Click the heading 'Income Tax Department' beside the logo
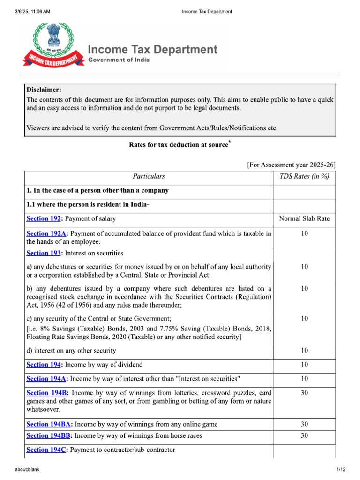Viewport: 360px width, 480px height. [x=153, y=50]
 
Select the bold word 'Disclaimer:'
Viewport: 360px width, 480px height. [x=44, y=90]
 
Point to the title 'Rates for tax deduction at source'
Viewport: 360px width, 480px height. [x=178, y=145]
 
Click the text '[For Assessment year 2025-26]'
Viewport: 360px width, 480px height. [x=291, y=165]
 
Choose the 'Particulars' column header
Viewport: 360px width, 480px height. [x=149, y=177]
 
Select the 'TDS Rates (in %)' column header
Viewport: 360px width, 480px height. [x=304, y=177]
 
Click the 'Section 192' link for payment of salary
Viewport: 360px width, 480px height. [x=44, y=218]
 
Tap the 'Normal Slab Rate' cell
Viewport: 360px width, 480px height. [x=304, y=218]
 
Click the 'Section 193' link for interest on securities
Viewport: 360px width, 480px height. [x=44, y=253]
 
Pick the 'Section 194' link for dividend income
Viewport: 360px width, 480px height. [x=44, y=365]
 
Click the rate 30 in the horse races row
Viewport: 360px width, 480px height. [x=304, y=436]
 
